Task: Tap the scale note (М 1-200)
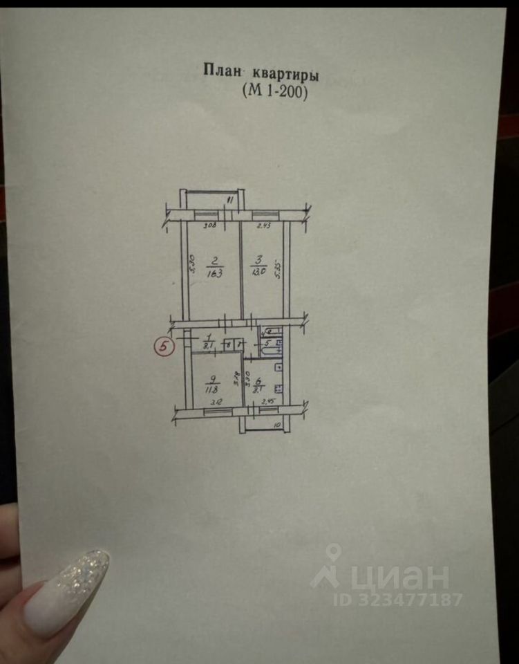(x=274, y=91)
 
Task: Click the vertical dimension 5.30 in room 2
(x=192, y=265)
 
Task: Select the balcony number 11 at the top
(x=232, y=201)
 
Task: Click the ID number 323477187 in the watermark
(x=408, y=599)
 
